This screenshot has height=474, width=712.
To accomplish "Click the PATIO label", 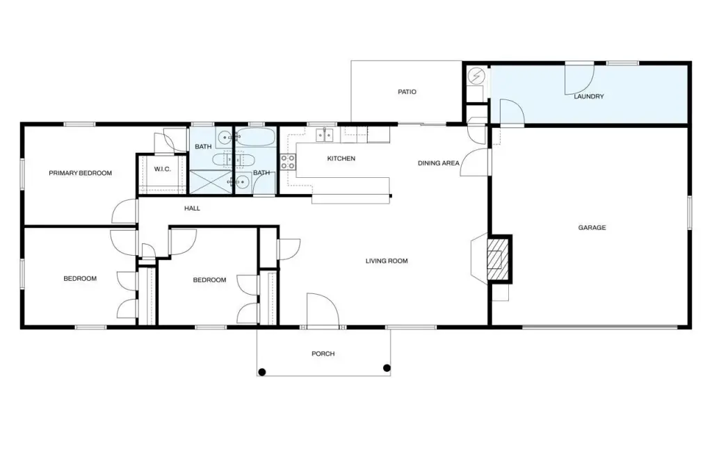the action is pos(407,92).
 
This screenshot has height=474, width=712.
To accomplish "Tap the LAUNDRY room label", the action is pos(588,96).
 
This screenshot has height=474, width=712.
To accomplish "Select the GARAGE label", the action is pos(592,227).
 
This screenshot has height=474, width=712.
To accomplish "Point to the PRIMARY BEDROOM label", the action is pos(81,173).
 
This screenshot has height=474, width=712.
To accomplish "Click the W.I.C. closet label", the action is pos(162,170).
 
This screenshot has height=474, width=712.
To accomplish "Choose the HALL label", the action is pos(192,209).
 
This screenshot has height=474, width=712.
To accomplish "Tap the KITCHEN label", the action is pos(341,158).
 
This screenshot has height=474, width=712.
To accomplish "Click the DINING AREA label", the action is pos(438,163).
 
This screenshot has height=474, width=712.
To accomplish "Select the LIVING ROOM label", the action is pos(387,261).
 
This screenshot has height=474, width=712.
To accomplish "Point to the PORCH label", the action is pos(323,354).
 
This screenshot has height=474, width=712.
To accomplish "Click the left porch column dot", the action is pos(261,373).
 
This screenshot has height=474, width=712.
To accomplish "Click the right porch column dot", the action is pos(387,368).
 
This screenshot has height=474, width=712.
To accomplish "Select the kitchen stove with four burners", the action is pos(287,162).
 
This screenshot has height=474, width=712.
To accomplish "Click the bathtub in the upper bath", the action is pos(255,137).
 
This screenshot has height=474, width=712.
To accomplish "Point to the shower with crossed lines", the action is pos(210,182).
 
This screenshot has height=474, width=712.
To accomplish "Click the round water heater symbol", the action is pos(476,76).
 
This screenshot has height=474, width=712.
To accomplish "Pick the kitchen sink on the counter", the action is pos(325,135).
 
